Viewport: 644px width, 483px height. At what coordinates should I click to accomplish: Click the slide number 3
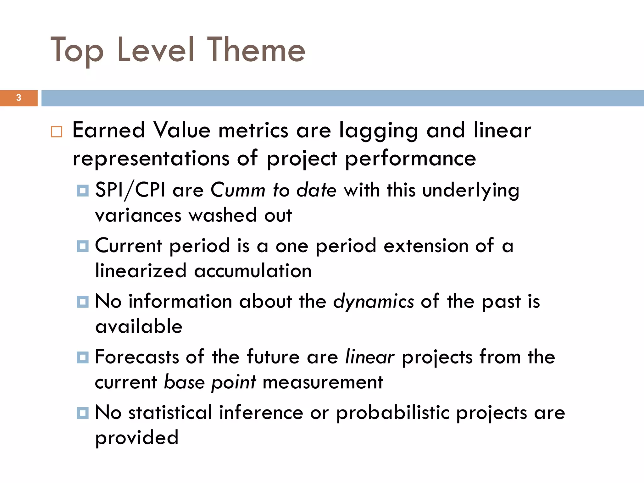[19, 98]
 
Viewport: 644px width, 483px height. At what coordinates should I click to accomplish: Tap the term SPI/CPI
[130, 191]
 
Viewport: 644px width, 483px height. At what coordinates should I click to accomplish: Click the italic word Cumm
[238, 190]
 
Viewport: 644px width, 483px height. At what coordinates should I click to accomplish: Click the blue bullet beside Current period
[82, 246]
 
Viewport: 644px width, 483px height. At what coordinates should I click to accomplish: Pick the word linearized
[141, 271]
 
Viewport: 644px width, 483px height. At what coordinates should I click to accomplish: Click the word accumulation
[253, 271]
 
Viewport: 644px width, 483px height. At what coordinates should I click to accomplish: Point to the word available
[139, 326]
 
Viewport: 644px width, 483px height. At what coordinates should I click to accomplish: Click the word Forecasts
[136, 357]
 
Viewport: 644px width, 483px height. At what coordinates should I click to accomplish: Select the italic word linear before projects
[369, 357]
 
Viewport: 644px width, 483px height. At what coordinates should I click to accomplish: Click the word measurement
[323, 382]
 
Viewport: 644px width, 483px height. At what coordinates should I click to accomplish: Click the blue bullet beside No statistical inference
[82, 413]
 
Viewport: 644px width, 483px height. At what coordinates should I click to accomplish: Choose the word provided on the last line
[137, 438]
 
